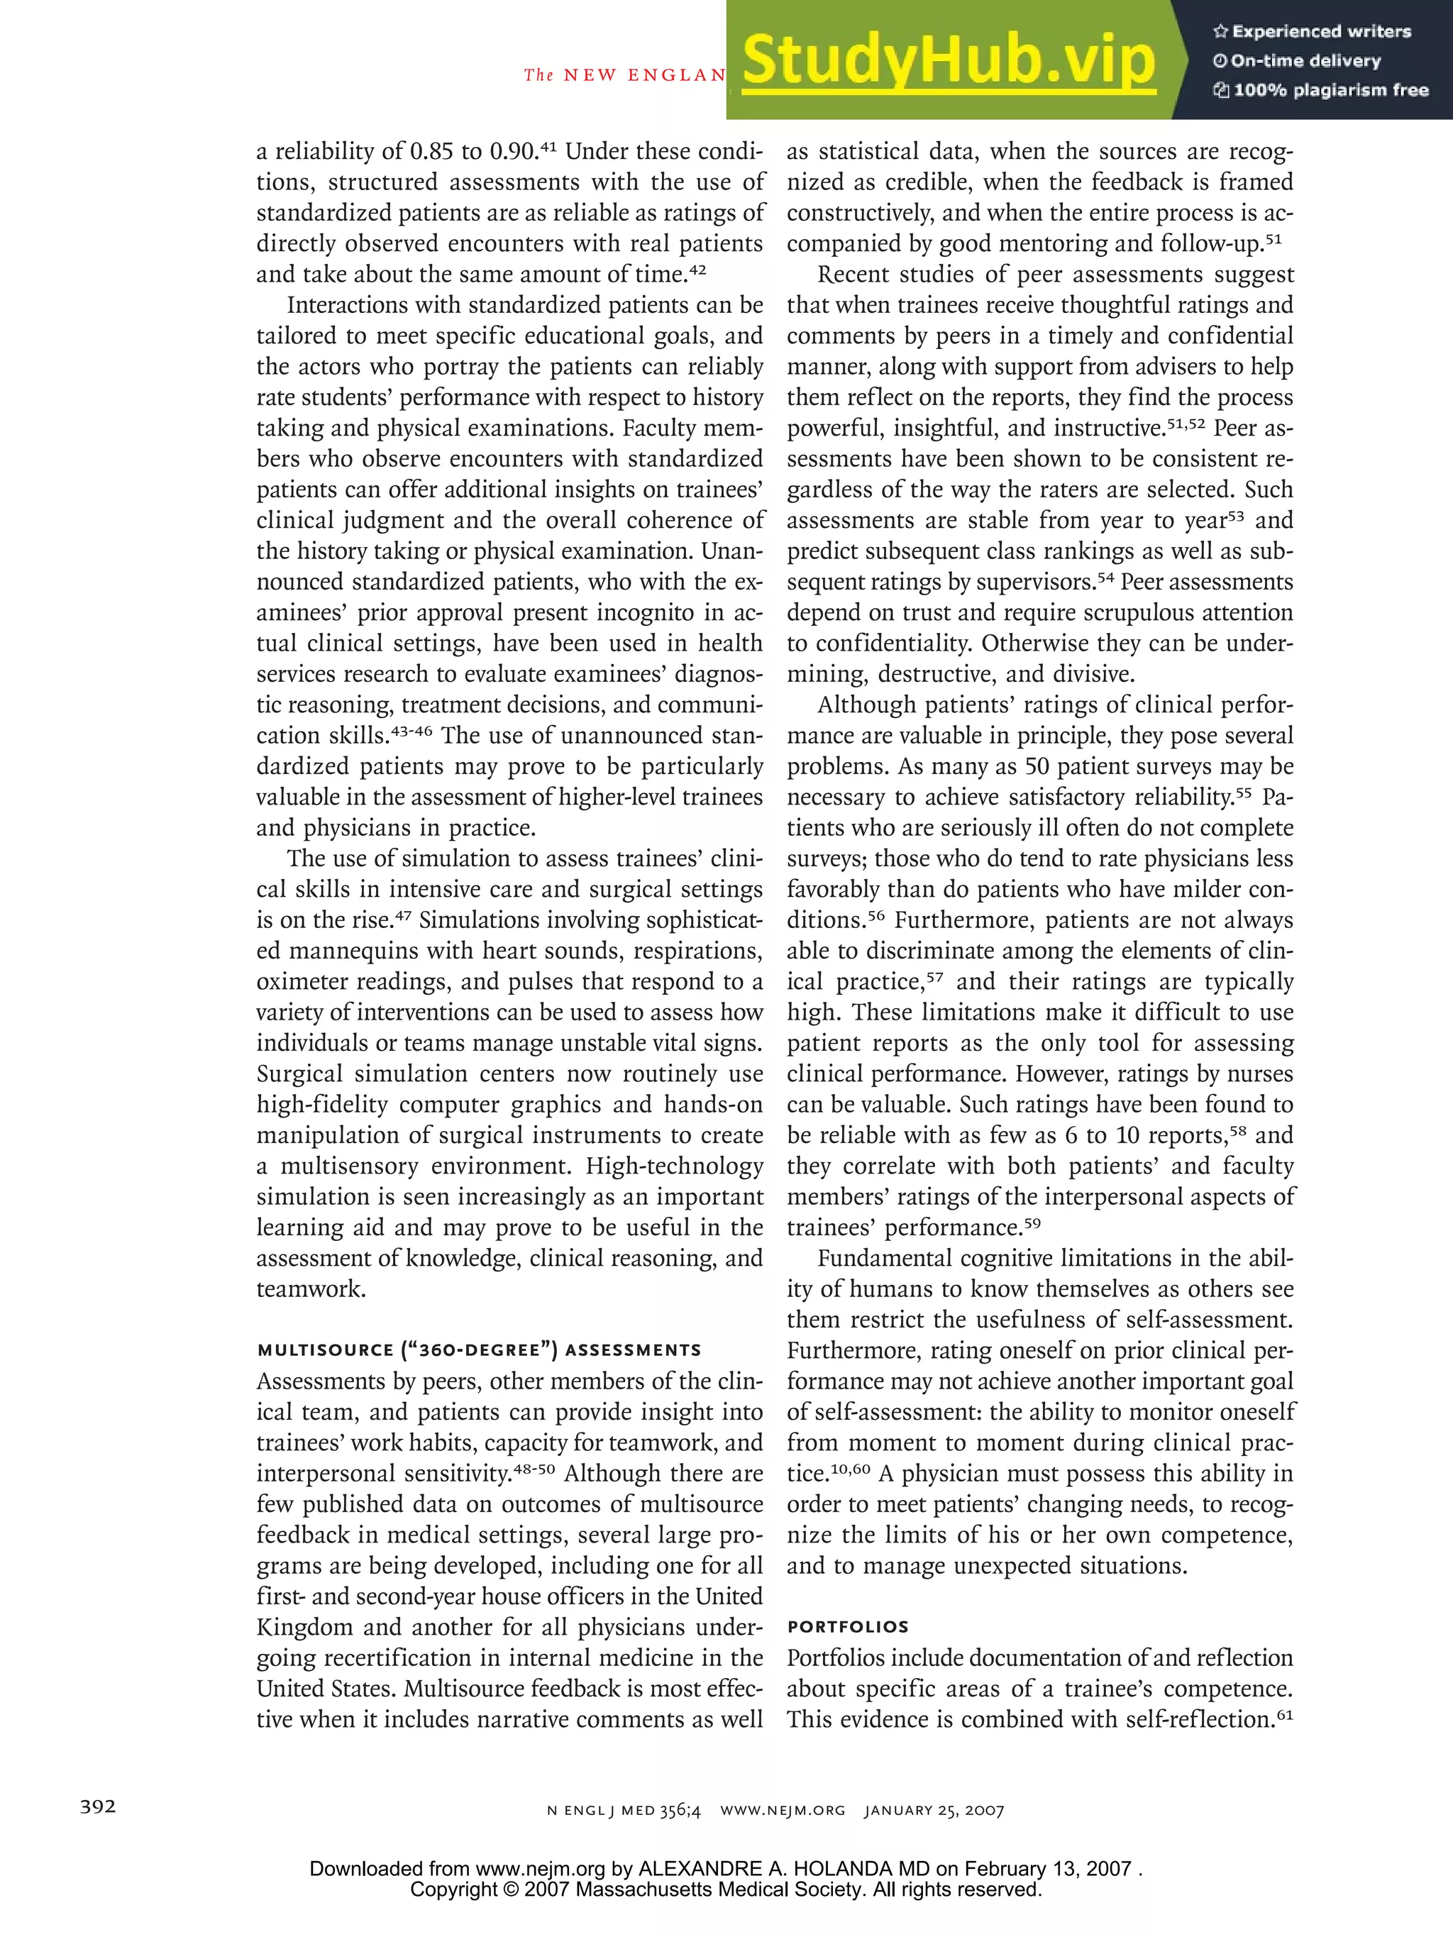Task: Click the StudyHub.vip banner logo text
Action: pyautogui.click(x=949, y=60)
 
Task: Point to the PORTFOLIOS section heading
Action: pyautogui.click(x=848, y=1627)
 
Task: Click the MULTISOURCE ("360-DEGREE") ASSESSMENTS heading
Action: pyautogui.click(x=479, y=1350)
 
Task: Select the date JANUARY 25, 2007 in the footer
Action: pyautogui.click(x=934, y=1810)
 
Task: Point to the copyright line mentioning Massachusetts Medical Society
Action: pyautogui.click(x=726, y=1889)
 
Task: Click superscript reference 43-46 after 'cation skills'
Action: pyautogui.click(x=411, y=732)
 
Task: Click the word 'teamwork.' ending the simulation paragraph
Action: pyautogui.click(x=311, y=1289)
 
